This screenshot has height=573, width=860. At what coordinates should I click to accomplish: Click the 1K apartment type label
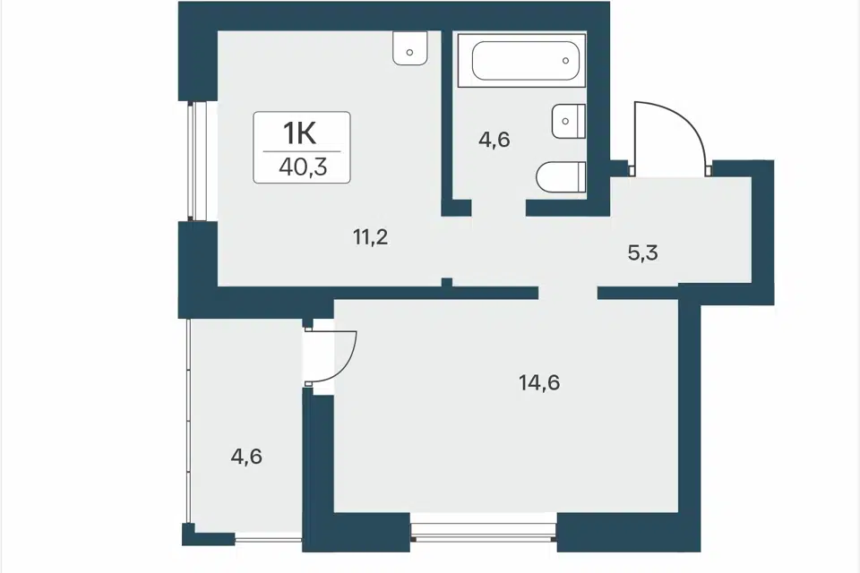coord(300,133)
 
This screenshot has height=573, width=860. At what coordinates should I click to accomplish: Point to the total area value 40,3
coord(303,167)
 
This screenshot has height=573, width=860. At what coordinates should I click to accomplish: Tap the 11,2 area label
coord(371,237)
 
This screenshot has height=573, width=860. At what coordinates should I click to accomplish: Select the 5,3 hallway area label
coord(643,252)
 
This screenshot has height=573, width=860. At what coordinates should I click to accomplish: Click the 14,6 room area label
coord(539,382)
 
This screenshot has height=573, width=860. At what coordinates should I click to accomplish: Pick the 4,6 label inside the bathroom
coord(494,140)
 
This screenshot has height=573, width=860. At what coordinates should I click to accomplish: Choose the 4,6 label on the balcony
coord(246,457)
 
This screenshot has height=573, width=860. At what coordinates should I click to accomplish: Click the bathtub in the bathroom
coord(521,60)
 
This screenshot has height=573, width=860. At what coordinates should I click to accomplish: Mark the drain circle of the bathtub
coord(565,61)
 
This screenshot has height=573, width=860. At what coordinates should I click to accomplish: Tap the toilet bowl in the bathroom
coord(561,177)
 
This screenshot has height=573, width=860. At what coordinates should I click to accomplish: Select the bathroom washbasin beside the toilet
coord(569,121)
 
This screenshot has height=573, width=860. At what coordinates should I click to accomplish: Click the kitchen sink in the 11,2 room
coord(410,47)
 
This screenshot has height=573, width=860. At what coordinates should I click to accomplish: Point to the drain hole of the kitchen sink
coord(410,53)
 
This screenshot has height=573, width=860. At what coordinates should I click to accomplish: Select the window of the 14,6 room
coord(484,532)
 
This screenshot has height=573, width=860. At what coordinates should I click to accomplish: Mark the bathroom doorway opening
coord(499,208)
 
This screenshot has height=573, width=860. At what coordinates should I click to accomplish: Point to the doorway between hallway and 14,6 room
coord(568,293)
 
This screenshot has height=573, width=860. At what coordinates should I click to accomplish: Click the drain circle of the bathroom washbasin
coord(565,121)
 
